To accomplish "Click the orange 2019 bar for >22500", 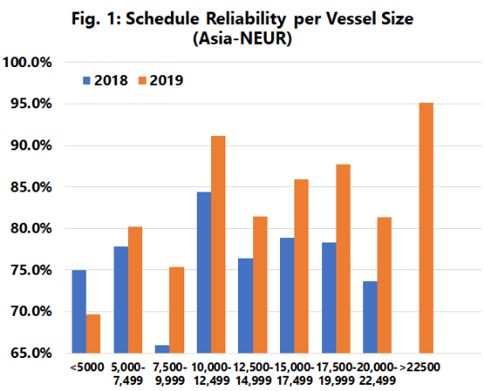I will pyautogui.click(x=426, y=228).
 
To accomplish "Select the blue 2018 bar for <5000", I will pyautogui.click(x=80, y=311).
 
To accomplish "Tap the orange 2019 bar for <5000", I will pyautogui.click(x=94, y=334).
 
